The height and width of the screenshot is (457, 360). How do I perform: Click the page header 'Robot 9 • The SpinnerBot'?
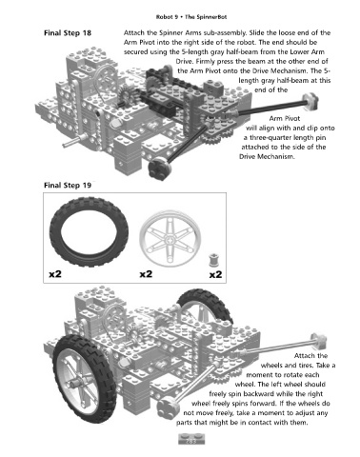191,17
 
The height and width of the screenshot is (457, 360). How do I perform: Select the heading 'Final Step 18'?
68,33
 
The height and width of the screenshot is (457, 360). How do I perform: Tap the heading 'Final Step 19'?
68,186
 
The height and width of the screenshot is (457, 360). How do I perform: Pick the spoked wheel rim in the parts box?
170,239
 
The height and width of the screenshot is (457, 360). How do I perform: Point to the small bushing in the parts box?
213,260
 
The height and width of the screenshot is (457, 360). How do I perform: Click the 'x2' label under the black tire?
55,273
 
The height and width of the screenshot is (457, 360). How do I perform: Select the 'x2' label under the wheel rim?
146,273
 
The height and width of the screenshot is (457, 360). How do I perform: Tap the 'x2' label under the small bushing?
216,274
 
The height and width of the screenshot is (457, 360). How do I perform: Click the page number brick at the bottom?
191,439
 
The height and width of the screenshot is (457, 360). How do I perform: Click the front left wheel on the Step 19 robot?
85,379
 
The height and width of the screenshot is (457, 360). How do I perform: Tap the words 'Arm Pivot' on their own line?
285,119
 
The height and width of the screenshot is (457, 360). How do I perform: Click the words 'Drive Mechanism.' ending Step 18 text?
267,157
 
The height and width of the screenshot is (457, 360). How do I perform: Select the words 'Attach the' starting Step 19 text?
310,356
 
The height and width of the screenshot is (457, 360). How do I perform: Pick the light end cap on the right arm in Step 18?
310,101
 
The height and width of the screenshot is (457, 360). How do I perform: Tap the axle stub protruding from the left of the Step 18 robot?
73,140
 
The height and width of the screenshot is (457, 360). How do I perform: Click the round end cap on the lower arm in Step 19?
169,407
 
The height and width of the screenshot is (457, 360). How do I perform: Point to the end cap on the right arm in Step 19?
318,341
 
